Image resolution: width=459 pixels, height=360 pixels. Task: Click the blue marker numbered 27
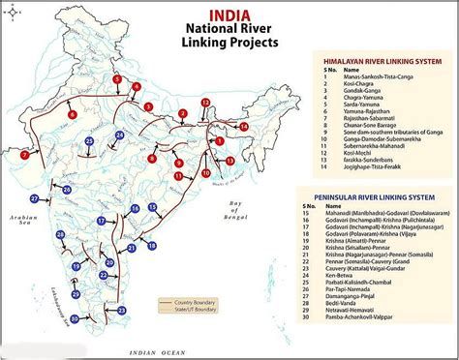click(x=35, y=198)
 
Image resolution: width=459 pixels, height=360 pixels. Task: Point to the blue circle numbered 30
click(x=76, y=318)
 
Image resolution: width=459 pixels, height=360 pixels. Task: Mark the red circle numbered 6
click(x=73, y=114)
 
